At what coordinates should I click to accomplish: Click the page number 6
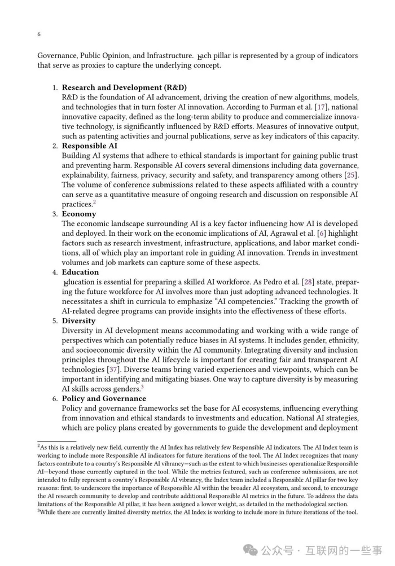pos(39,34)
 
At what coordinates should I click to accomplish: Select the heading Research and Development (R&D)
pos(124,87)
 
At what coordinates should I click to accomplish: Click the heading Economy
pos(79,214)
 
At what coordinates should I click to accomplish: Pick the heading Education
pos(80,272)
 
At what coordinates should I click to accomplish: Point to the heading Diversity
pos(78,321)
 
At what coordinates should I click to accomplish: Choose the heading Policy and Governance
pos(104,398)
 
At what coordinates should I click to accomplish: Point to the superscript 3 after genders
pos(143,387)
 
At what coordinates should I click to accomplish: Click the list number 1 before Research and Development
pos(55,87)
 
